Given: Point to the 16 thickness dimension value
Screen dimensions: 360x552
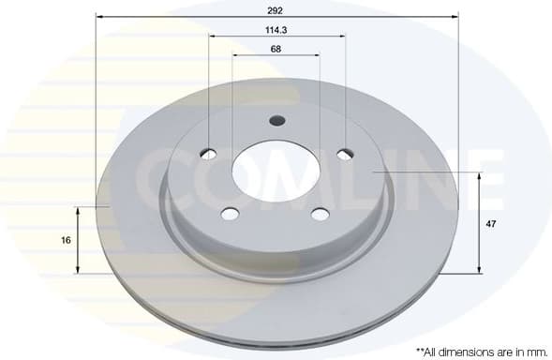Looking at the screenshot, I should (66, 240).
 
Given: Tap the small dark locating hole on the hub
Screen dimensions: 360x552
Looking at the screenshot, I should (276, 120).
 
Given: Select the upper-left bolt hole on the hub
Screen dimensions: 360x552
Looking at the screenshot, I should (208, 154).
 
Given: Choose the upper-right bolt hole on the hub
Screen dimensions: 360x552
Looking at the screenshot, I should (344, 154).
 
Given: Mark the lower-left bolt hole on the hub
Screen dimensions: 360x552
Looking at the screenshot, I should (231, 214).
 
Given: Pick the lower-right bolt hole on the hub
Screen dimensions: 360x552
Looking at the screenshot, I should (321, 214).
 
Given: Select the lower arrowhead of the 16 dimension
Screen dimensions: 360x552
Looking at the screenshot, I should (77, 270).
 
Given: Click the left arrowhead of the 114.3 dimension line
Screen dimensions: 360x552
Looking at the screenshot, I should (212, 37).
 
